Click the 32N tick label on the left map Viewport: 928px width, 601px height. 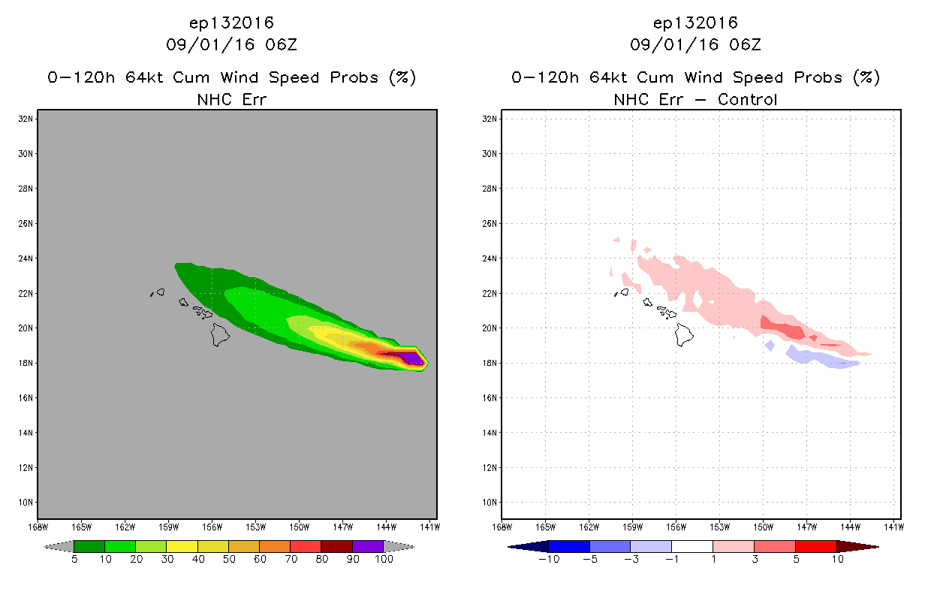click(26, 119)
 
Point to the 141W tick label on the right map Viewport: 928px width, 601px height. click(893, 527)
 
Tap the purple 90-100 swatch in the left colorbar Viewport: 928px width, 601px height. click(368, 546)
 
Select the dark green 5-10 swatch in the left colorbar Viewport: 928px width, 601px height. click(89, 546)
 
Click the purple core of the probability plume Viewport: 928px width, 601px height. click(411, 358)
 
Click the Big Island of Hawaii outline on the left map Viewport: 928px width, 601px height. click(220, 335)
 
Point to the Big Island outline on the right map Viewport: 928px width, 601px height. click(684, 335)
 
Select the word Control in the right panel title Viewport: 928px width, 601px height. click(747, 100)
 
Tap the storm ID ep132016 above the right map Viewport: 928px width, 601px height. click(695, 23)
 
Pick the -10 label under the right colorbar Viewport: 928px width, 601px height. click(549, 559)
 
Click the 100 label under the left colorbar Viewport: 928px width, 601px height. click(384, 559)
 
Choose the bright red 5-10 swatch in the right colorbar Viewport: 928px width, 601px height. click(816, 546)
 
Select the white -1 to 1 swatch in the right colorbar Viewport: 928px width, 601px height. click(692, 546)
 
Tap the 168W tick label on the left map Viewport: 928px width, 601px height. click(38, 527)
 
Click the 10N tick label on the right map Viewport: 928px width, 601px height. click(490, 503)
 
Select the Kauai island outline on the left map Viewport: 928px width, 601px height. click(161, 291)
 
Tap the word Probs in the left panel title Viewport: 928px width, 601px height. click(354, 78)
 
